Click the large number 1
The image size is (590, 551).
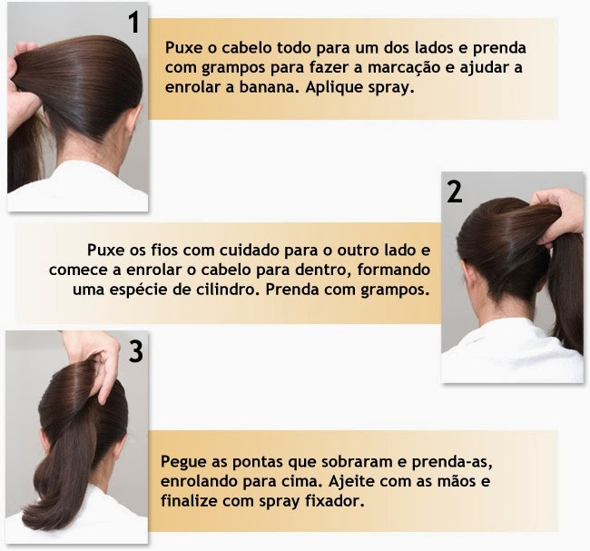134,22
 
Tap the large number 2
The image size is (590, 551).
455,192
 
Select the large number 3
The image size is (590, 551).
136,351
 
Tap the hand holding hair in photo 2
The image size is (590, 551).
557,214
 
